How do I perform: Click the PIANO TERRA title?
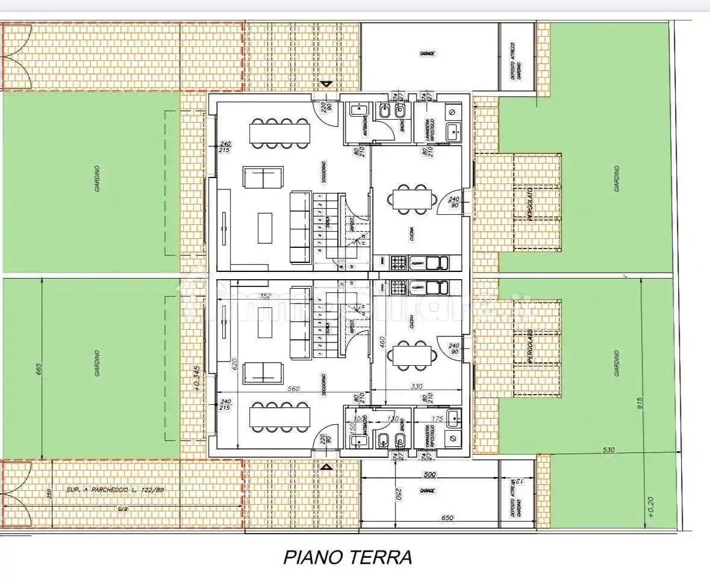tap(347, 557)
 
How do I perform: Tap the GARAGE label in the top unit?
tap(427, 54)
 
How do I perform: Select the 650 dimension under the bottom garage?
tap(447, 517)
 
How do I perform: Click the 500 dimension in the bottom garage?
tap(429, 475)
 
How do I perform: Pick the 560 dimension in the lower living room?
tap(293, 389)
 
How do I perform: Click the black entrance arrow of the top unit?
tap(326, 84)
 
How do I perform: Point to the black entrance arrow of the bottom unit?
tap(326, 466)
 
